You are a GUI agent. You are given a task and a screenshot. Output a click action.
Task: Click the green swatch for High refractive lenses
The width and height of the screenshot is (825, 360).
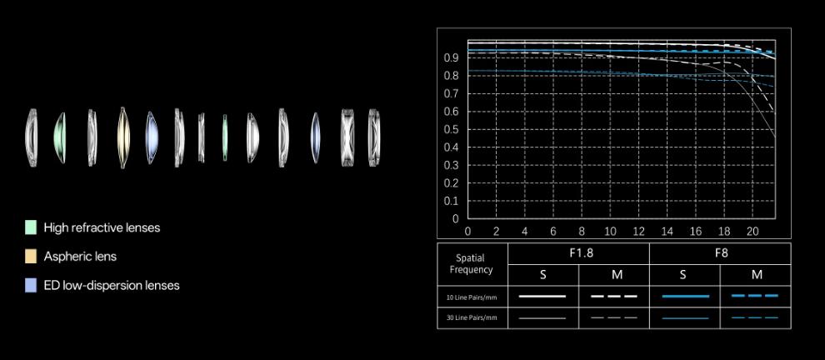31,227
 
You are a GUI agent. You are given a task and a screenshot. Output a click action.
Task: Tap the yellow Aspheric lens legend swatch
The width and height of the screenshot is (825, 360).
31,257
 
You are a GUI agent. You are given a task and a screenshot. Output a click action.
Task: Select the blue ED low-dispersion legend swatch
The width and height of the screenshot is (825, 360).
31,285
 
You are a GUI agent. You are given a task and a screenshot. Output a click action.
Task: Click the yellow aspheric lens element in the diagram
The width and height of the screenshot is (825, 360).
123,137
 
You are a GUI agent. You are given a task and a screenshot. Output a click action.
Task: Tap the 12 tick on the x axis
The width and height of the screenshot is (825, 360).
638,231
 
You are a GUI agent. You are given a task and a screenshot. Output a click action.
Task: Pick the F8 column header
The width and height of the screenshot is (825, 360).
721,253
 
